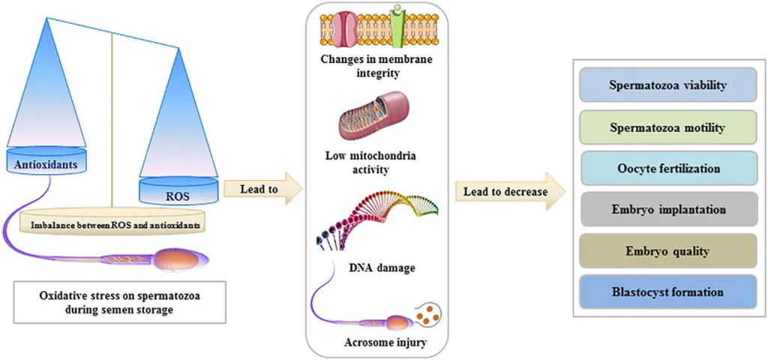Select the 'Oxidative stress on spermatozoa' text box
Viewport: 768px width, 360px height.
pos(119,301)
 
